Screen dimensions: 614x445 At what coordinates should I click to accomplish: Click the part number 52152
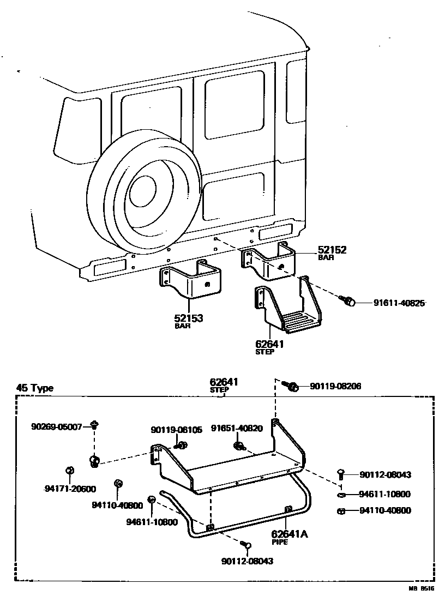point(332,250)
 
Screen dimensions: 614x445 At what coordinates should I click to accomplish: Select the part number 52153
point(189,318)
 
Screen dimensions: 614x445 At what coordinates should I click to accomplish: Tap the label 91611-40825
point(399,303)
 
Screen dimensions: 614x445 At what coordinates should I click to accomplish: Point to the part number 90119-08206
point(335,386)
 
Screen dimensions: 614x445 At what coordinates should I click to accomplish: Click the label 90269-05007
point(56,426)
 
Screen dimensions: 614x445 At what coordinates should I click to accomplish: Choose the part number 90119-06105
point(176,430)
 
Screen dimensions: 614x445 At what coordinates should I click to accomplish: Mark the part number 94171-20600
point(70,489)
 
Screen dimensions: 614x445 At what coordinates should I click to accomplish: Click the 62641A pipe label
point(289,534)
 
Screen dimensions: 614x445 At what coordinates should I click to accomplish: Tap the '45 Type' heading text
point(35,388)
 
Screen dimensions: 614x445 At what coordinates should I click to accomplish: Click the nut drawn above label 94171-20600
point(69,471)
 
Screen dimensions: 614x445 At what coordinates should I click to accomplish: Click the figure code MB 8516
point(422,589)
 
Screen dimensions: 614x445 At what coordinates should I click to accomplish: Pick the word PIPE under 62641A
point(280,543)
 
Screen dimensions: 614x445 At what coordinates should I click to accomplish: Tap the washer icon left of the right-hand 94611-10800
point(341,495)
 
